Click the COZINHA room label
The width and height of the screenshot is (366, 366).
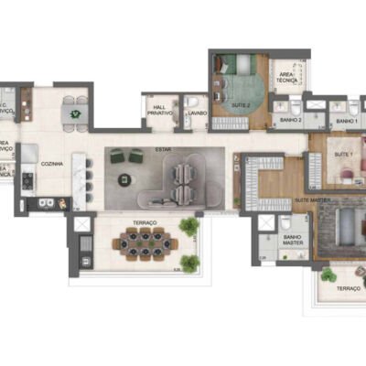[x=51, y=163]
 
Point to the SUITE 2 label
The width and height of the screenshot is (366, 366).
[x=241, y=105]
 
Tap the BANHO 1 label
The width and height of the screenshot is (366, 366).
[x=345, y=121]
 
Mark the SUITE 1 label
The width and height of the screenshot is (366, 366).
[x=344, y=156]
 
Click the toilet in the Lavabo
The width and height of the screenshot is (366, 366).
[x=194, y=102]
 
